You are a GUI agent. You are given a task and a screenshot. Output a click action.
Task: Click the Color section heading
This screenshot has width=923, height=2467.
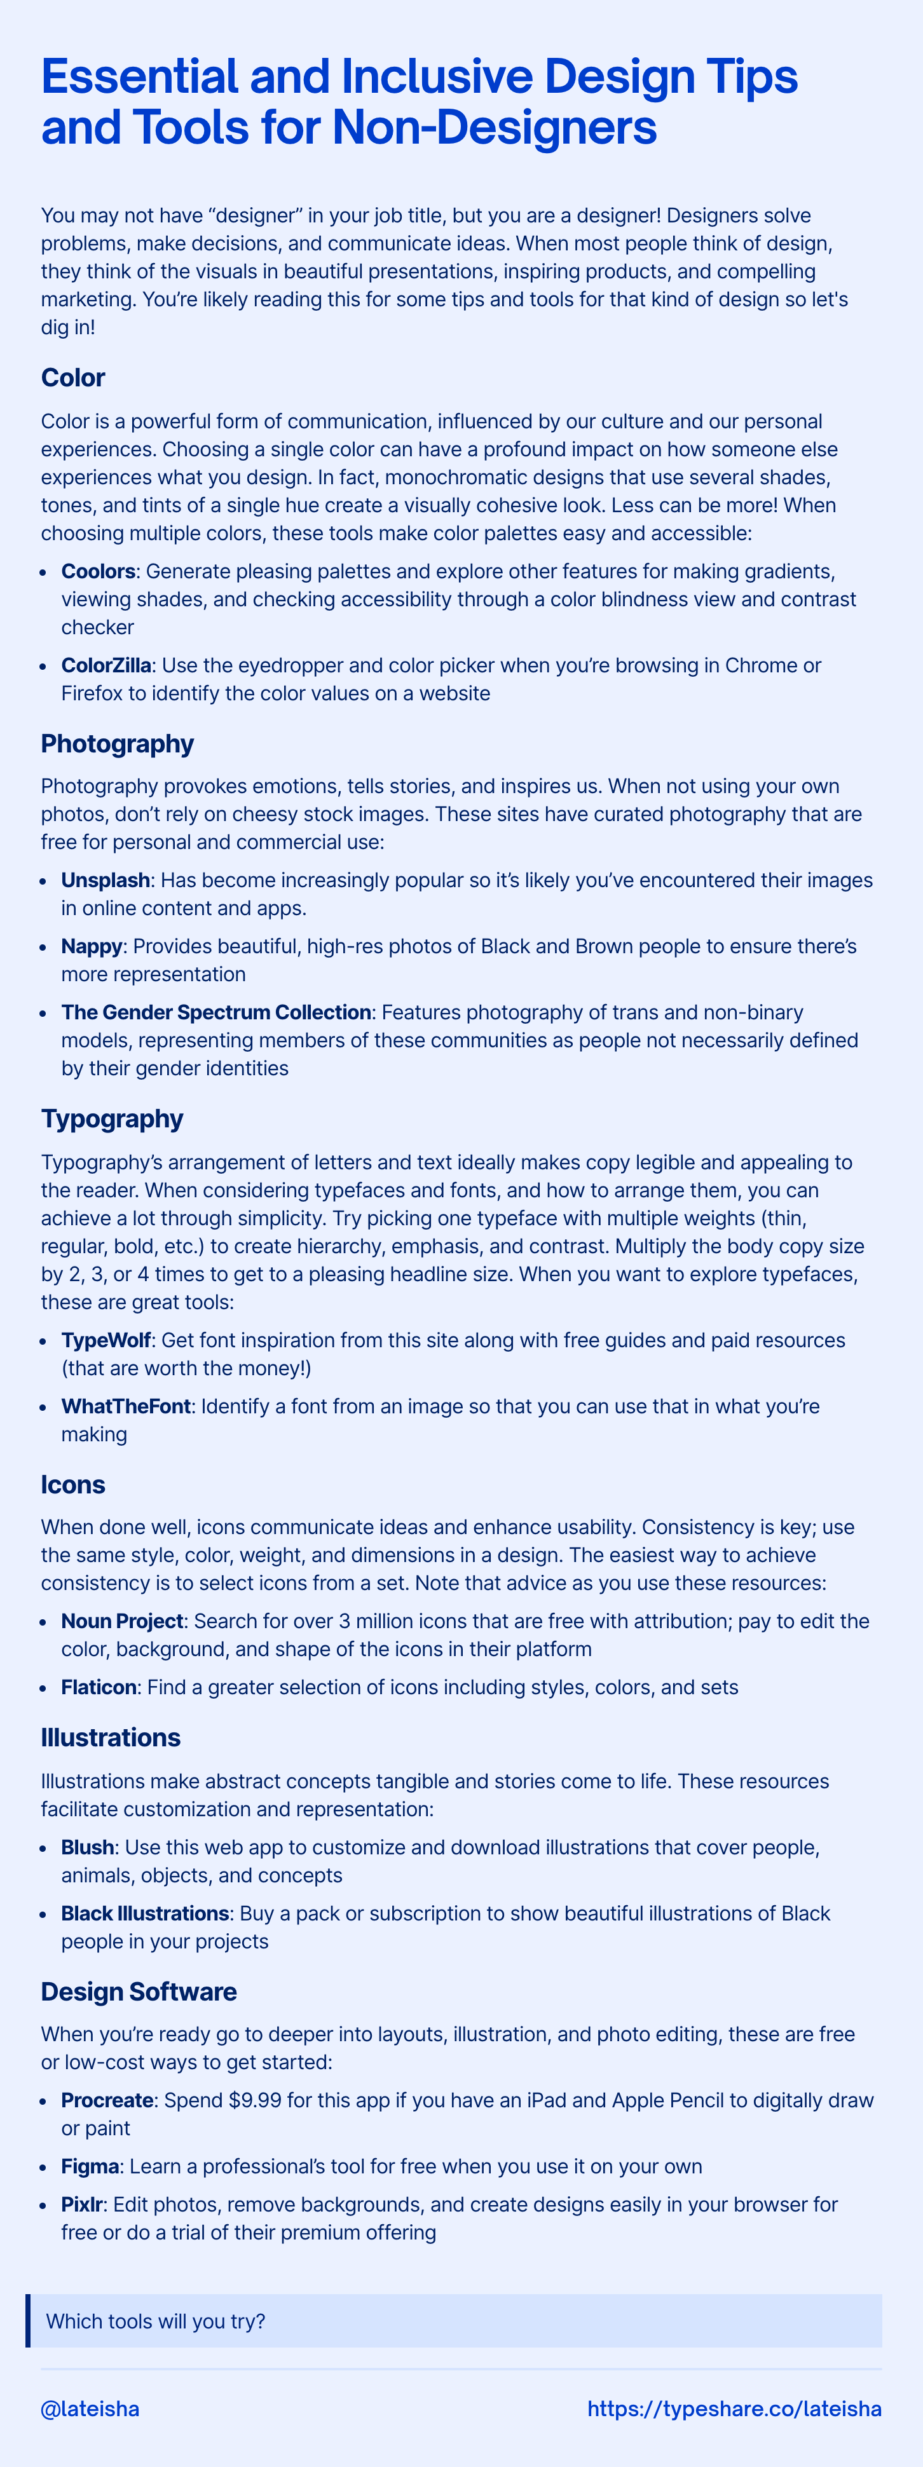point(72,377)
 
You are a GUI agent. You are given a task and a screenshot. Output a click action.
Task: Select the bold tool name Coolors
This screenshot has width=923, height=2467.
point(98,571)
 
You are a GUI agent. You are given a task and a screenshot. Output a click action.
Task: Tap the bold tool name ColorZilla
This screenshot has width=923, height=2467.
point(106,665)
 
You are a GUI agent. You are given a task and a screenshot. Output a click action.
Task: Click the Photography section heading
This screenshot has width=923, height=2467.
point(117,743)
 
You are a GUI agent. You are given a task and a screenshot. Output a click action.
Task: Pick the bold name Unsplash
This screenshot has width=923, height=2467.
point(106,879)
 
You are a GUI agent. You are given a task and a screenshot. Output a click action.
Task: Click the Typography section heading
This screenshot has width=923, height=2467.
point(112,1118)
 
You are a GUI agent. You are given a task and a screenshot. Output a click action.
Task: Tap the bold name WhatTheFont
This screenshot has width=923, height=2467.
point(125,1406)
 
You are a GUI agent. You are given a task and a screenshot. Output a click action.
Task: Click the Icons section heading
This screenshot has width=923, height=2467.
point(72,1485)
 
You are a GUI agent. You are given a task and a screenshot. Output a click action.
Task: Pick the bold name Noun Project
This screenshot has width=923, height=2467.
point(121,1621)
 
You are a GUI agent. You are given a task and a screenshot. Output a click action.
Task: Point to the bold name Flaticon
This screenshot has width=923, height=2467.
point(99,1687)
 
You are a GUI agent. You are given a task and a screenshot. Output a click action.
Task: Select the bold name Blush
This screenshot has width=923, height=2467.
point(87,1847)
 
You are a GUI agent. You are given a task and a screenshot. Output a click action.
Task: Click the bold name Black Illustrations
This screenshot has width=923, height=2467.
point(144,1913)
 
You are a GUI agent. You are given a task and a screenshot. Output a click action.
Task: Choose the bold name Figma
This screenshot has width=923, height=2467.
point(89,2166)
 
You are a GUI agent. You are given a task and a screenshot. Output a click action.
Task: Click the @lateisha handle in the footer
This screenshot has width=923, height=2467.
point(90,2408)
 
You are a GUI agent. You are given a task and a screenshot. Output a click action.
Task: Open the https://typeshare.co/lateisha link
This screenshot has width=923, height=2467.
point(734,2408)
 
